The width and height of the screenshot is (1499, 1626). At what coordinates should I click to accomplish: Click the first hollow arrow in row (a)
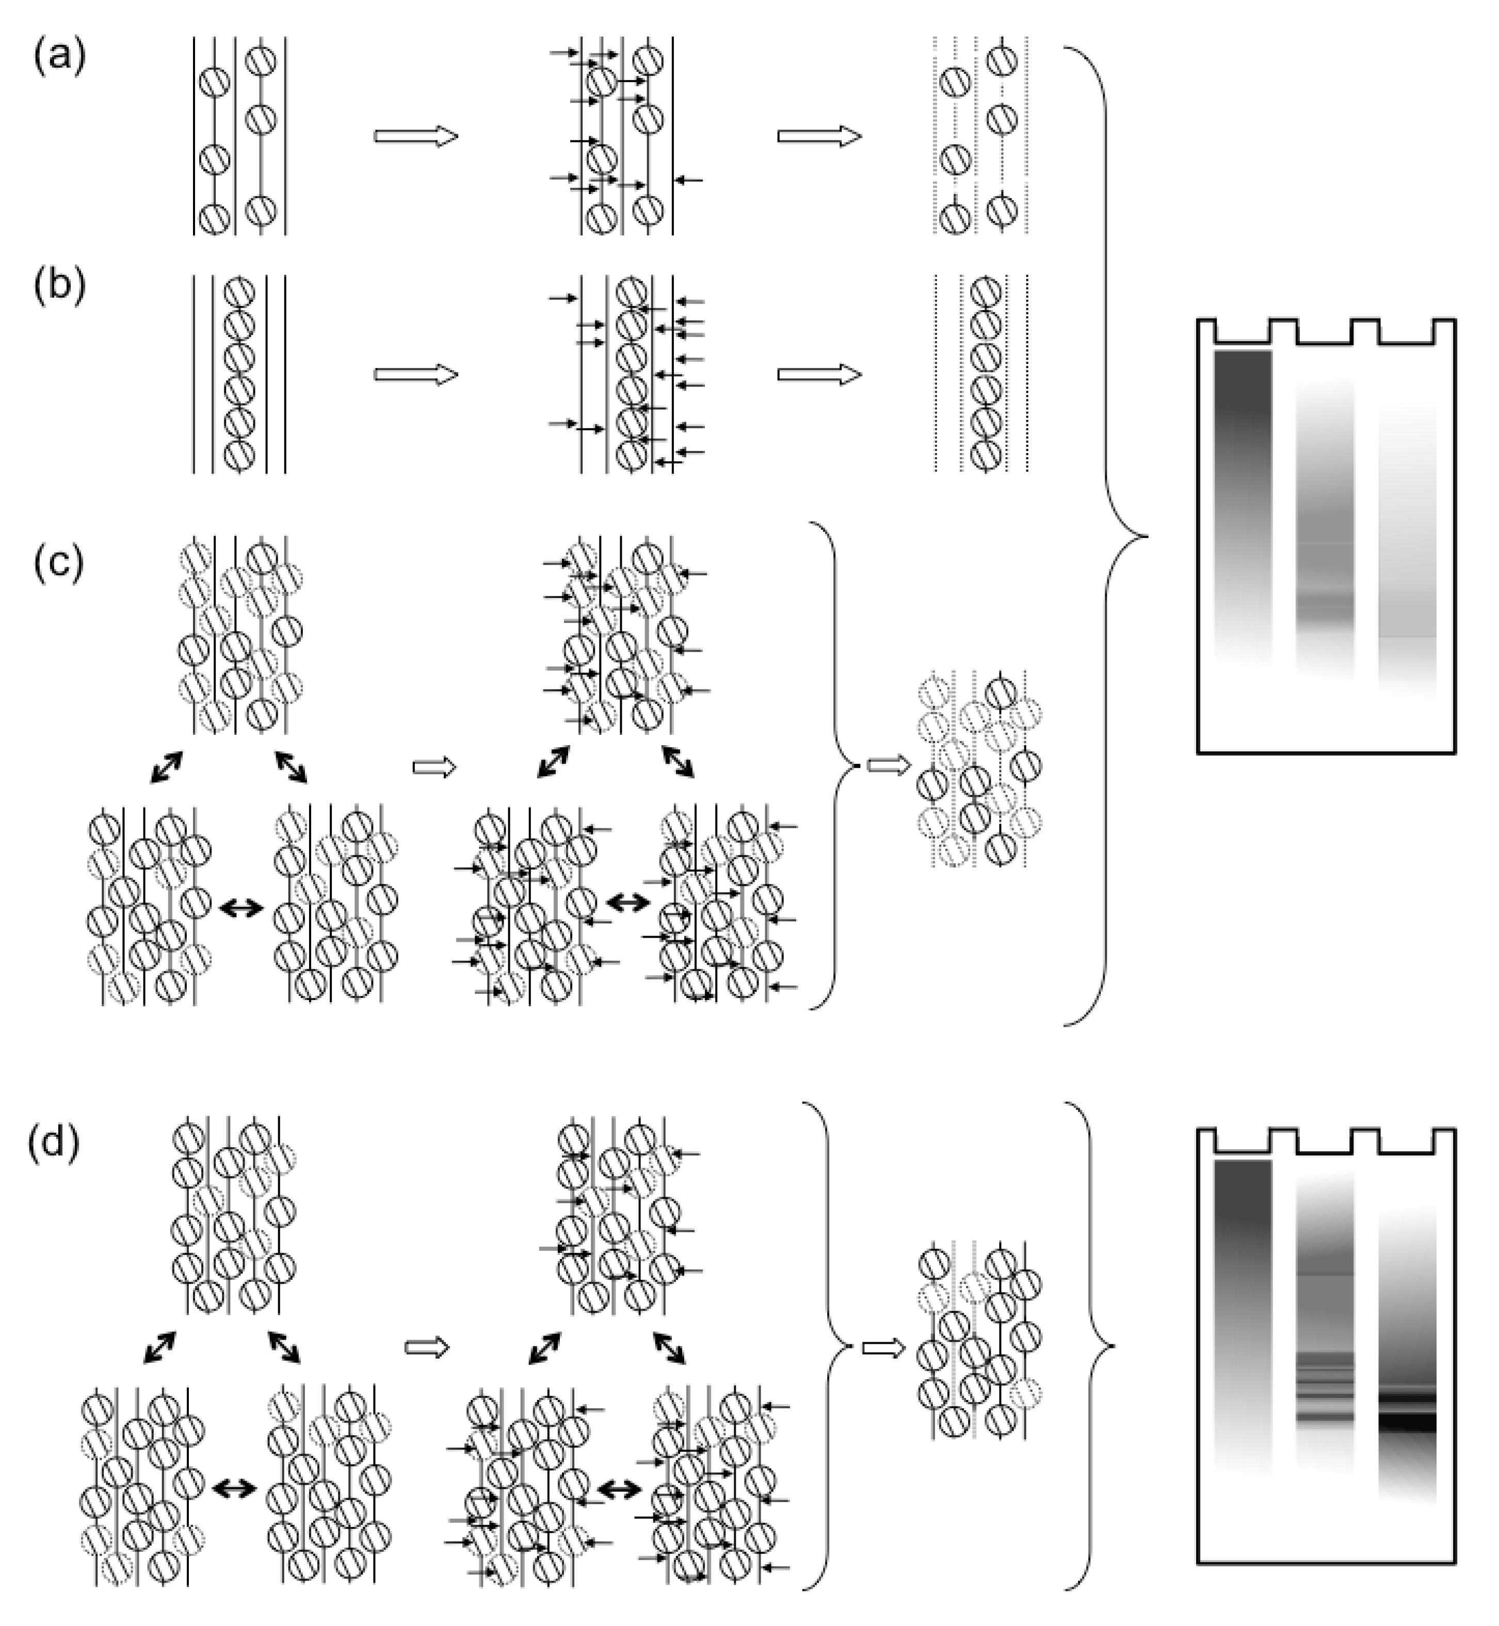[x=416, y=136]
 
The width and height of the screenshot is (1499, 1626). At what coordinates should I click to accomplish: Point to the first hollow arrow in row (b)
[x=416, y=375]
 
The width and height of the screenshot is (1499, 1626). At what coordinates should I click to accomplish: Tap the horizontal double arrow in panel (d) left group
[x=234, y=1487]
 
